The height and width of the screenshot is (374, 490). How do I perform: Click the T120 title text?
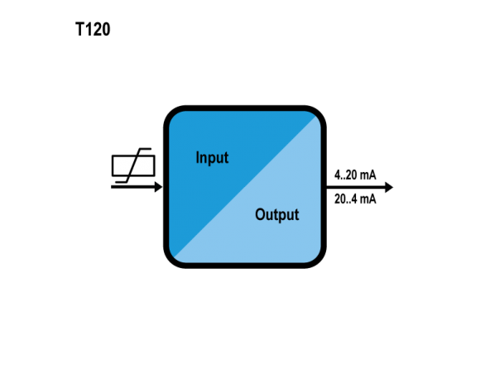(x=93, y=29)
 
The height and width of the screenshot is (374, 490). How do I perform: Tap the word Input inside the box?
(x=212, y=157)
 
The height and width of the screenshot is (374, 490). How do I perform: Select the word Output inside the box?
(x=277, y=214)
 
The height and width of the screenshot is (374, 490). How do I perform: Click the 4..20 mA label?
(x=355, y=175)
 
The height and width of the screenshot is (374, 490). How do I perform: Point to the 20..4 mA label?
(x=355, y=199)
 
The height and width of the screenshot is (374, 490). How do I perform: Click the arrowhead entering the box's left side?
(x=158, y=187)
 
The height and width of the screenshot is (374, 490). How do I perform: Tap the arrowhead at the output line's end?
(x=389, y=187)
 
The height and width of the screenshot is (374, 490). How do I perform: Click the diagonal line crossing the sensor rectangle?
(x=133, y=165)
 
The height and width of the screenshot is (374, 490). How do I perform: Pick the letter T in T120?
(x=80, y=29)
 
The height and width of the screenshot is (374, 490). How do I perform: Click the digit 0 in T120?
(x=106, y=29)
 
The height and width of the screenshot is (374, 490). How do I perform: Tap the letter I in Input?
(x=197, y=157)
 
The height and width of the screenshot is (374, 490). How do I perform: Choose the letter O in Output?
(x=260, y=214)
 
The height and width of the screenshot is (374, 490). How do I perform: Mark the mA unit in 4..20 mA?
(x=367, y=175)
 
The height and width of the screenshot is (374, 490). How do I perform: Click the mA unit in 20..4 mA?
(x=367, y=199)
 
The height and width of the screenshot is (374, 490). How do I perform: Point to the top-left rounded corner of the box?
(x=172, y=114)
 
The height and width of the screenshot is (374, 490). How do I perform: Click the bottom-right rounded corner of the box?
(x=318, y=259)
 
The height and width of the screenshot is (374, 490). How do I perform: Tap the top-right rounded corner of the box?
(x=318, y=114)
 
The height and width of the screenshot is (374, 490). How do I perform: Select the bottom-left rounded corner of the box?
(x=172, y=259)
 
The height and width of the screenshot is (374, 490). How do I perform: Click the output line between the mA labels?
(x=356, y=187)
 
